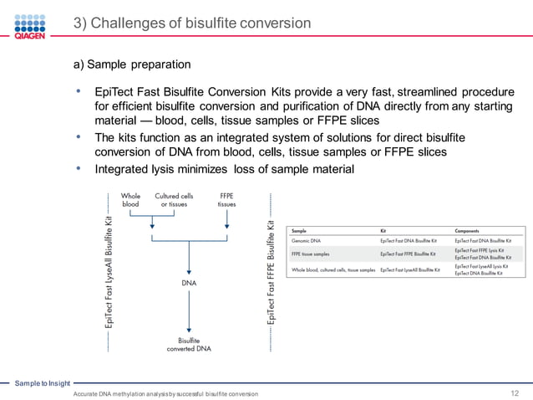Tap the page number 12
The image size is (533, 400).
[515, 392]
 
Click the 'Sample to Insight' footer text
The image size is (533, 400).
[43, 382]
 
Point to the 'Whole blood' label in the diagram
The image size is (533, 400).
[131, 200]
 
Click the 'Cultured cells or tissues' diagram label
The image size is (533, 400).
[174, 200]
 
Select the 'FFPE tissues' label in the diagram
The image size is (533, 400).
[227, 200]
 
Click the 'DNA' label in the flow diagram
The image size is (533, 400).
[190, 283]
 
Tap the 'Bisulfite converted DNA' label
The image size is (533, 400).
[190, 345]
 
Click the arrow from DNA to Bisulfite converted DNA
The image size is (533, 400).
[190, 311]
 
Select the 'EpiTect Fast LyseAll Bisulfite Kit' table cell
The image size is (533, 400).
[409, 270]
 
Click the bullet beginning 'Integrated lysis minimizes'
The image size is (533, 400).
[224, 169]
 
